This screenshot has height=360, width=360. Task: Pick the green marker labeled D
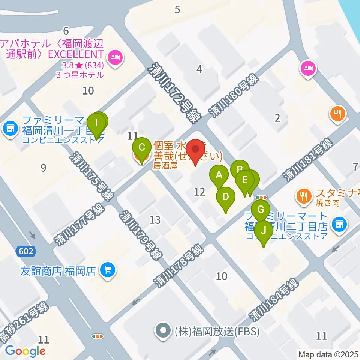[226, 198]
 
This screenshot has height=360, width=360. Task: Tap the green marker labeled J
[264, 231]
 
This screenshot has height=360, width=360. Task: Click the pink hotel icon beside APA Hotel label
[114, 58]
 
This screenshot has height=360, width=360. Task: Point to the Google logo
[25, 351]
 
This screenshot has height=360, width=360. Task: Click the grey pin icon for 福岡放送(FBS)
[163, 331]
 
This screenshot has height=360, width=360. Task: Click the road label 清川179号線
[141, 235]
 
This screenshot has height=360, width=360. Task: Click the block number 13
[155, 220]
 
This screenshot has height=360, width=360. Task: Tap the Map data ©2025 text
[328, 354]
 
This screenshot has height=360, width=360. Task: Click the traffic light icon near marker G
[261, 197]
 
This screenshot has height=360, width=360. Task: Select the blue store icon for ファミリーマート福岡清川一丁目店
[10, 129]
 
